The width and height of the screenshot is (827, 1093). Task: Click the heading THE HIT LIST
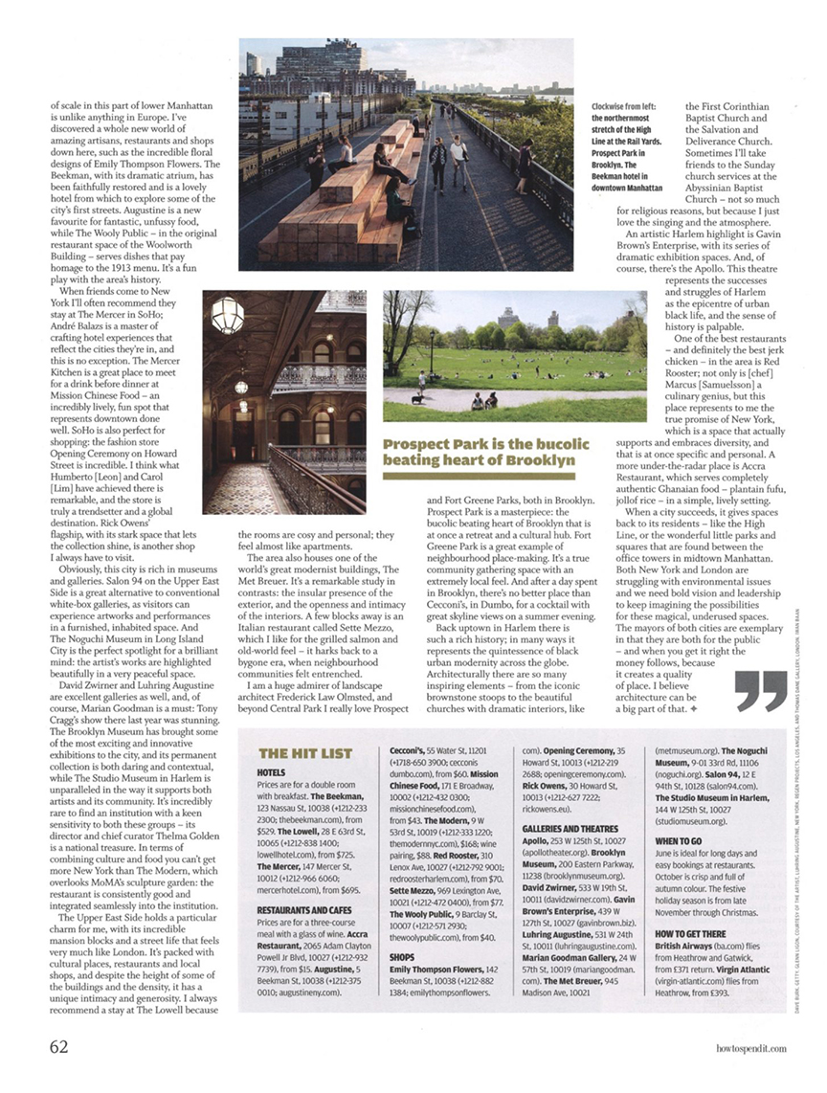pos(305,754)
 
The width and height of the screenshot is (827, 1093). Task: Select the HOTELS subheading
pos(272,771)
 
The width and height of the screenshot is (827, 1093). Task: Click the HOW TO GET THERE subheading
pos(690,933)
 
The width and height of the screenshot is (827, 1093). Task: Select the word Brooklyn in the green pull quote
pos(540,460)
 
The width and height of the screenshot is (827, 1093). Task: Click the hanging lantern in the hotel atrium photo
pos(228,314)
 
